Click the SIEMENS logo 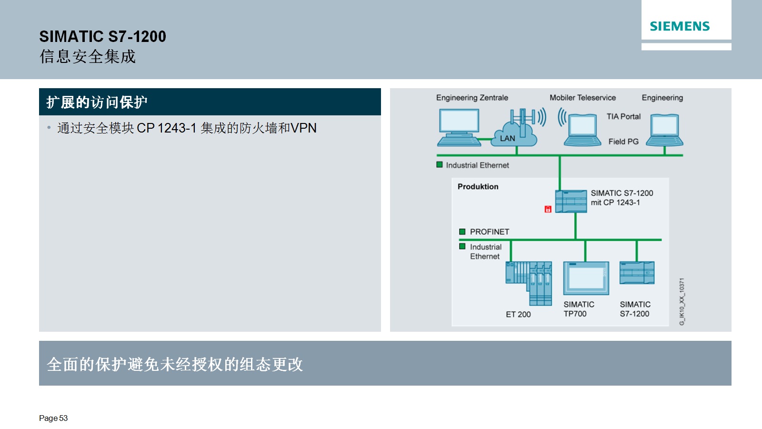coord(679,26)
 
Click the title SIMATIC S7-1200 coord(102,36)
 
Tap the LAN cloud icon coord(514,134)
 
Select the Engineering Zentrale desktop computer coord(459,127)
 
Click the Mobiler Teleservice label coord(582,98)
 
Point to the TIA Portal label coord(623,116)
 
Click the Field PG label coord(623,141)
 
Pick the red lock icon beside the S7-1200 coord(548,209)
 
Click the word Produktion coord(478,186)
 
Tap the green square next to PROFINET coord(462,232)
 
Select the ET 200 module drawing coord(529,283)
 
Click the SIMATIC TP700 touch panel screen coord(586,278)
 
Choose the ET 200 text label coord(518,314)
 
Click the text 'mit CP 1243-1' coord(615,203)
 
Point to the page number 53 coord(63,418)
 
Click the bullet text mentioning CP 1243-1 coord(187,128)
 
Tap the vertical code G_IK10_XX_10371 coord(682,302)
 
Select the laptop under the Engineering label coord(664,130)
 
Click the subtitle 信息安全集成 coord(88,57)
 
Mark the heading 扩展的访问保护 coord(97,102)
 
